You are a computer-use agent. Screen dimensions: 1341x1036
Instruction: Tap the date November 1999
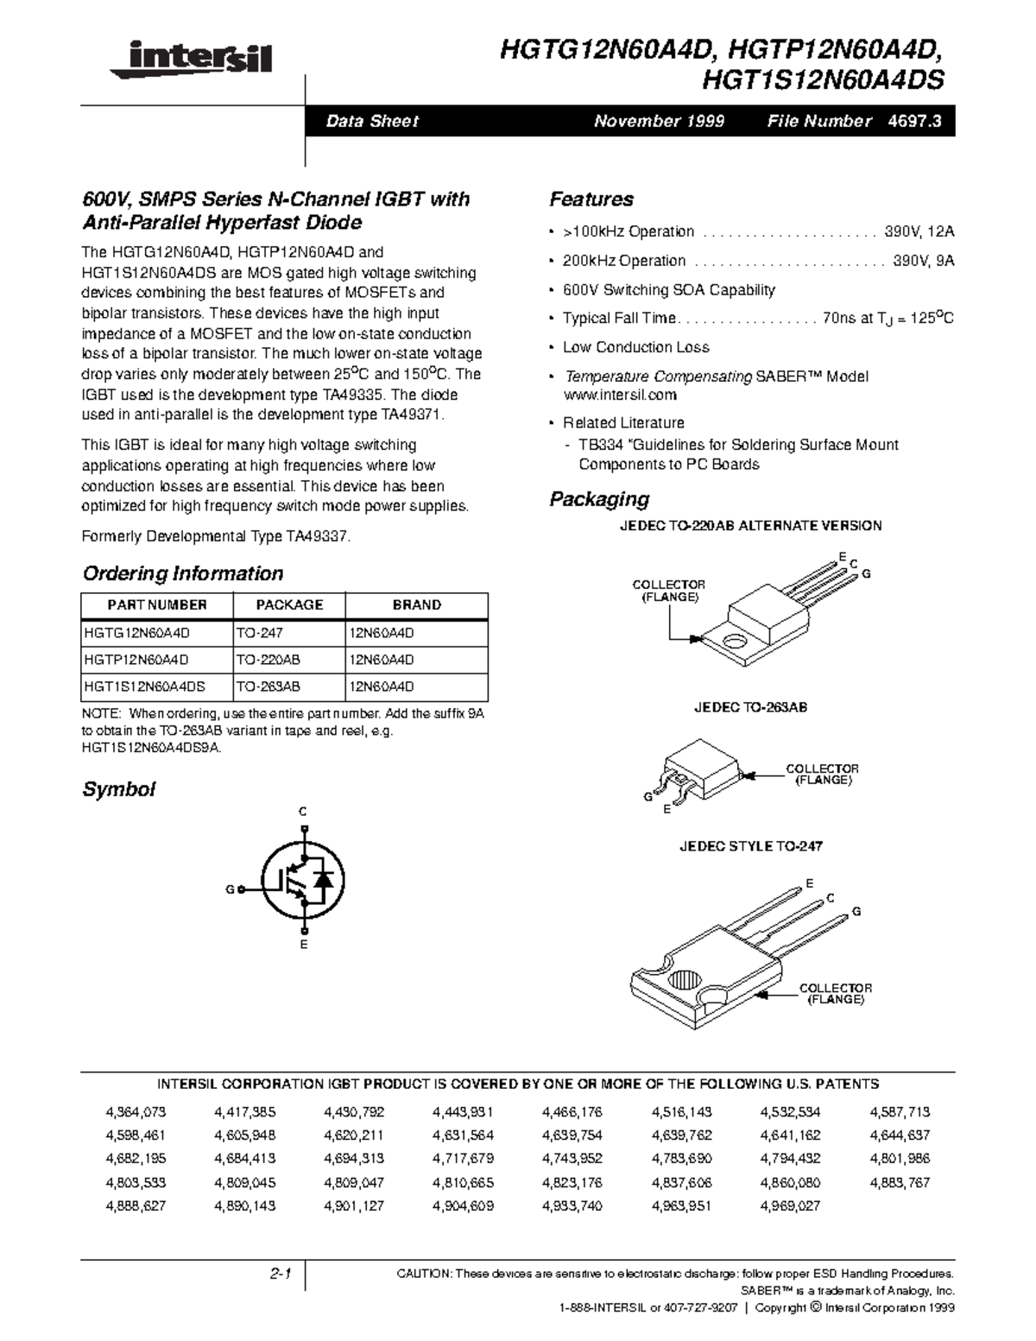coord(659,122)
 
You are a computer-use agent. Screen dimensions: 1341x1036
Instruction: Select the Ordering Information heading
coord(182,574)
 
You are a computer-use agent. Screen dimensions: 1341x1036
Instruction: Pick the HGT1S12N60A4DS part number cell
coord(144,687)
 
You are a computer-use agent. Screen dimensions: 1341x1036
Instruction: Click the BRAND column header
coord(416,605)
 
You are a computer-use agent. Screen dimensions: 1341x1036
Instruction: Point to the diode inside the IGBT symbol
coord(325,881)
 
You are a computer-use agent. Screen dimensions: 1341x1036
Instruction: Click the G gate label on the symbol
coord(230,889)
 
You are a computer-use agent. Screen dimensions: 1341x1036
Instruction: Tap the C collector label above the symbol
coord(303,812)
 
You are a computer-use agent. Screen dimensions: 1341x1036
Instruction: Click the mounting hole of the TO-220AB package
coord(734,642)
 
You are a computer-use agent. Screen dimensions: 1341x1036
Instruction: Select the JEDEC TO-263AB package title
coord(751,708)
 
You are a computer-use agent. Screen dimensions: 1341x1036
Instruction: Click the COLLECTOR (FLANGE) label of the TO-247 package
coord(835,994)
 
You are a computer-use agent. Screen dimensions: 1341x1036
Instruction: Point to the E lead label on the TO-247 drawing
coord(810,883)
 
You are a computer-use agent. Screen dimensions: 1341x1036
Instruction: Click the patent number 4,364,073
coord(136,1112)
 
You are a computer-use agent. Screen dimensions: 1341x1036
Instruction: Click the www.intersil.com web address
coord(619,395)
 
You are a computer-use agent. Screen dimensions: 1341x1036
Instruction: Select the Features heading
coord(591,199)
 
